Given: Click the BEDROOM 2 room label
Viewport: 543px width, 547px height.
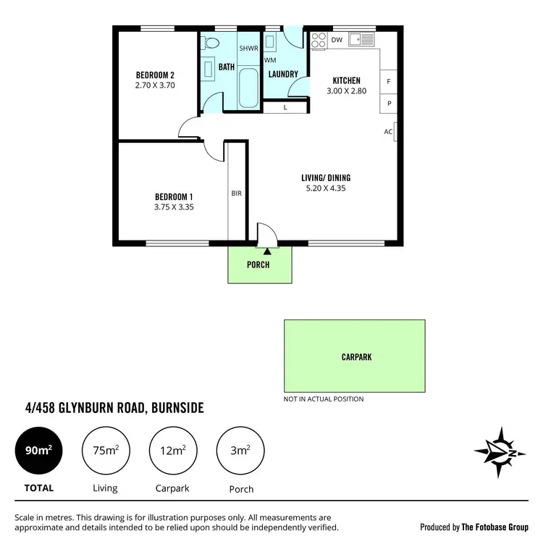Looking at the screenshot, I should tap(155, 75).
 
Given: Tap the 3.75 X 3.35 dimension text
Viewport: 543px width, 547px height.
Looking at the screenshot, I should tap(174, 206).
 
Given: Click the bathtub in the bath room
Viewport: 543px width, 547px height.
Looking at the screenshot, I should tap(248, 88).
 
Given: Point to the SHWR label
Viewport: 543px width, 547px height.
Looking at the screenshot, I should tap(248, 49).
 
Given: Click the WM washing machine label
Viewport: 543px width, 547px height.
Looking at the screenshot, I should tap(270, 60).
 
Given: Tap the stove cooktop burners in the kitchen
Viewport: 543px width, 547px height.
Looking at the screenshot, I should tap(318, 41).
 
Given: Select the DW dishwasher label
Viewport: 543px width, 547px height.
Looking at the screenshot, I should tap(337, 41).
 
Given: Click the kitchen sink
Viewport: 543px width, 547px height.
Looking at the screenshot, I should tap(360, 39).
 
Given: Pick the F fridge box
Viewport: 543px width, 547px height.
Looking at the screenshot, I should tap(389, 82).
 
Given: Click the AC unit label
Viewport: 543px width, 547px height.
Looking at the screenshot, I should tap(389, 132).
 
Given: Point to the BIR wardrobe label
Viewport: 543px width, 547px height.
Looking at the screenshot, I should tap(237, 193).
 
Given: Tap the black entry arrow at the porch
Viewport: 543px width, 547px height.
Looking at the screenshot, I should tap(258, 251).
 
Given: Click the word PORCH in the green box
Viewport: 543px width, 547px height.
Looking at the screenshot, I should tap(258, 264).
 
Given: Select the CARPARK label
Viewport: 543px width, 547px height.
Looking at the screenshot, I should tap(356, 357).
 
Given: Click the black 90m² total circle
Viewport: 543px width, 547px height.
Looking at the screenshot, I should tap(38, 451).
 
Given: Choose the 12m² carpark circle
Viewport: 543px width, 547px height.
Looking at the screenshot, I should tap(172, 451).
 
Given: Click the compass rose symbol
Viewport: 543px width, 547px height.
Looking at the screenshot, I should tap(500, 453).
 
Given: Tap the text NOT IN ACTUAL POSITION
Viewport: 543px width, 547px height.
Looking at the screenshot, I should tap(324, 399).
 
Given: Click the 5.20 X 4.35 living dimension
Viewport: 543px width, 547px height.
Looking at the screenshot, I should tap(327, 188).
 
